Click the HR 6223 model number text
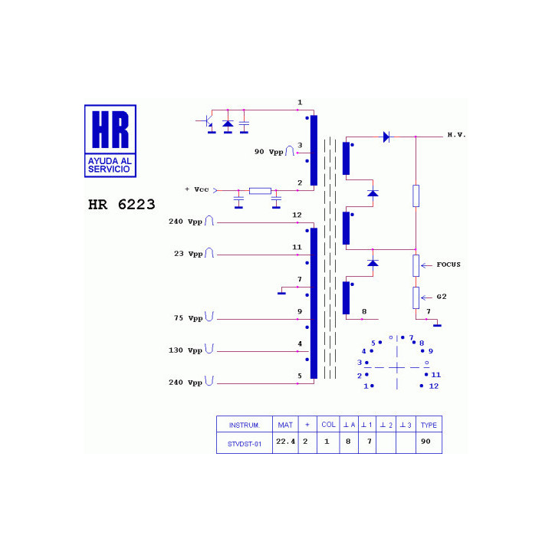tap(121, 205)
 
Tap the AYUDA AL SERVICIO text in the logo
tap(110, 165)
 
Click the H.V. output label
tap(457, 135)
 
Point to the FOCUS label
tap(449, 264)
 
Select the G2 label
tap(442, 297)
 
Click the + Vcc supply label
tap(197, 189)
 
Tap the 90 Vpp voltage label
tap(269, 152)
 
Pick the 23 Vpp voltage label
tap(189, 254)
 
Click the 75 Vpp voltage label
tap(189, 318)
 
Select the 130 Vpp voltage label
tap(186, 350)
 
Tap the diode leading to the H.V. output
tap(386, 136)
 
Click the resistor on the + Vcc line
tap(260, 191)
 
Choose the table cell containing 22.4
tap(285, 442)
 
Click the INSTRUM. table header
tap(245, 425)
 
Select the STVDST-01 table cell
tap(245, 444)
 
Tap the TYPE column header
tap(429, 425)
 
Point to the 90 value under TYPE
tap(426, 441)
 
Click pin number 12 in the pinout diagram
tap(434, 386)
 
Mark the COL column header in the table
tap(328, 425)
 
